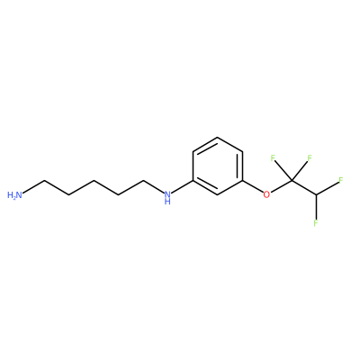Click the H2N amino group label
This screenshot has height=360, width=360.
[14, 195]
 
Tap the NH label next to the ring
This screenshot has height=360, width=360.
[167, 198]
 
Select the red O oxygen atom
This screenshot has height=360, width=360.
[266, 194]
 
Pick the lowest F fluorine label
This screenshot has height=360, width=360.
[316, 223]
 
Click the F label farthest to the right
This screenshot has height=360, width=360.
[341, 180]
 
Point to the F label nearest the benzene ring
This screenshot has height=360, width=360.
[273, 158]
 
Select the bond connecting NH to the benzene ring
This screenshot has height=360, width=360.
[183, 187]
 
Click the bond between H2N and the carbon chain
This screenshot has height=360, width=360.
[33, 187]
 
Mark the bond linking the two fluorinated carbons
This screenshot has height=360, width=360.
[303, 187]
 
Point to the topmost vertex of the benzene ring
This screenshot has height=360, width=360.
[218, 138]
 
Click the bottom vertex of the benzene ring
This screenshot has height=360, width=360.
[218, 194]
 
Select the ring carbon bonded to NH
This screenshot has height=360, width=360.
[193, 181]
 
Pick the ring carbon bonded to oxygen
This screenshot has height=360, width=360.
[242, 181]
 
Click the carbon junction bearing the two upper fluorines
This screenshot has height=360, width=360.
[291, 180]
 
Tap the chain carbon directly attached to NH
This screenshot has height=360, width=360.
[144, 181]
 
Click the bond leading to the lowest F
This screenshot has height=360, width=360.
[316, 207]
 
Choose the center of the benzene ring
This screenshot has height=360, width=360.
[218, 166]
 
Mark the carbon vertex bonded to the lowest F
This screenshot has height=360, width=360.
[316, 194]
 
